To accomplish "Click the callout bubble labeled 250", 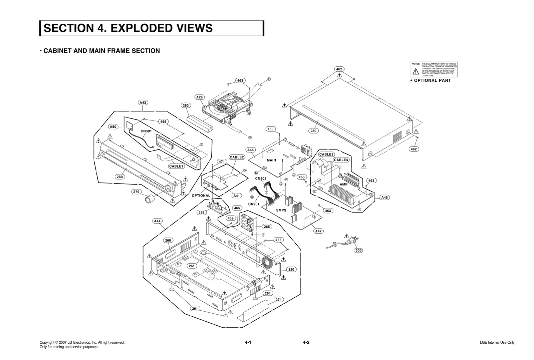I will tap(313, 131).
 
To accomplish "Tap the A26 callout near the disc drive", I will tap(199, 97).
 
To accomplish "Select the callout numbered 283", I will tap(186, 105).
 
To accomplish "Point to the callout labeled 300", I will tap(358, 250).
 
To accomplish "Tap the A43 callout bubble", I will tap(143, 102).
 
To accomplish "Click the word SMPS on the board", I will tap(281, 211).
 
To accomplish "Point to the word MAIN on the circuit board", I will tap(271, 160).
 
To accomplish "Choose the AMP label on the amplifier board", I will tap(343, 185).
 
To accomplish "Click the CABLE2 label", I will tap(237, 157).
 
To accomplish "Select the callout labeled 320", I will tap(291, 269).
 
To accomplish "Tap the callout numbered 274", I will tap(278, 300).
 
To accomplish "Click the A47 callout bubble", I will tap(319, 231).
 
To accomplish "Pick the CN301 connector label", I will tap(146, 131).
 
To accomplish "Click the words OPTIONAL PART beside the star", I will tap(432, 80).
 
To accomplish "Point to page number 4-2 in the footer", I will tap(306, 342).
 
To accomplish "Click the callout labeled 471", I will tap(222, 161).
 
